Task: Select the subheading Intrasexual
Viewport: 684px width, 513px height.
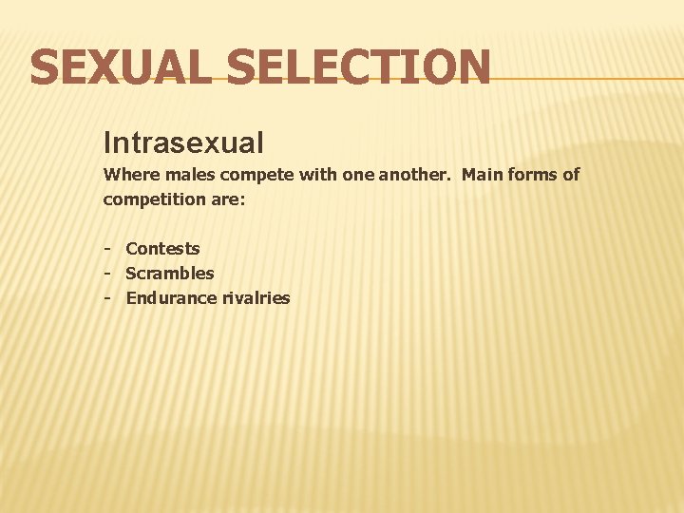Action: point(183,143)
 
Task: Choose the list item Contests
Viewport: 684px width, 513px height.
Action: point(162,249)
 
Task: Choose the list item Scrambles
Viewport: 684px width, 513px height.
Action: point(170,274)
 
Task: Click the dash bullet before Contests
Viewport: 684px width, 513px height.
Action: point(109,249)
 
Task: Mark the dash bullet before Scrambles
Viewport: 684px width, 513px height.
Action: point(109,274)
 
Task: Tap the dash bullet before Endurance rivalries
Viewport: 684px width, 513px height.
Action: point(109,298)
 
